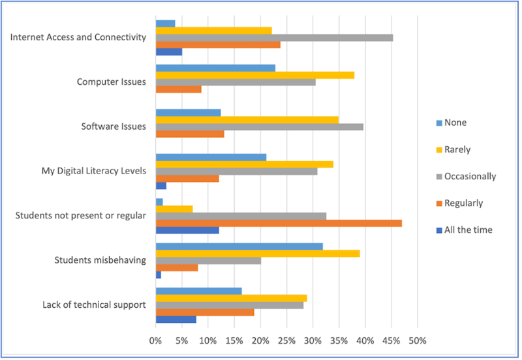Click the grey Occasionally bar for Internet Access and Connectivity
[274, 37]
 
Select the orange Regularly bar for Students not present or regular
[279, 223]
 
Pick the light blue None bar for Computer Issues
[215, 68]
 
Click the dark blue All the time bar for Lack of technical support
[176, 319]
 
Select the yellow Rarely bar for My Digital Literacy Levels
[244, 164]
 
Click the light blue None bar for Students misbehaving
[239, 246]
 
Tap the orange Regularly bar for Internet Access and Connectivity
[218, 44]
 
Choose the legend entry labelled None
[455, 123]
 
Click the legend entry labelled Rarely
[457, 149]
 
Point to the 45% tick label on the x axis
[391, 340]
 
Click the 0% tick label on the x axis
[155, 340]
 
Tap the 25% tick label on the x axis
[286, 340]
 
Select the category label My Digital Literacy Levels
[93, 172]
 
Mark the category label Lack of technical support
[94, 305]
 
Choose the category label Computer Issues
[111, 82]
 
